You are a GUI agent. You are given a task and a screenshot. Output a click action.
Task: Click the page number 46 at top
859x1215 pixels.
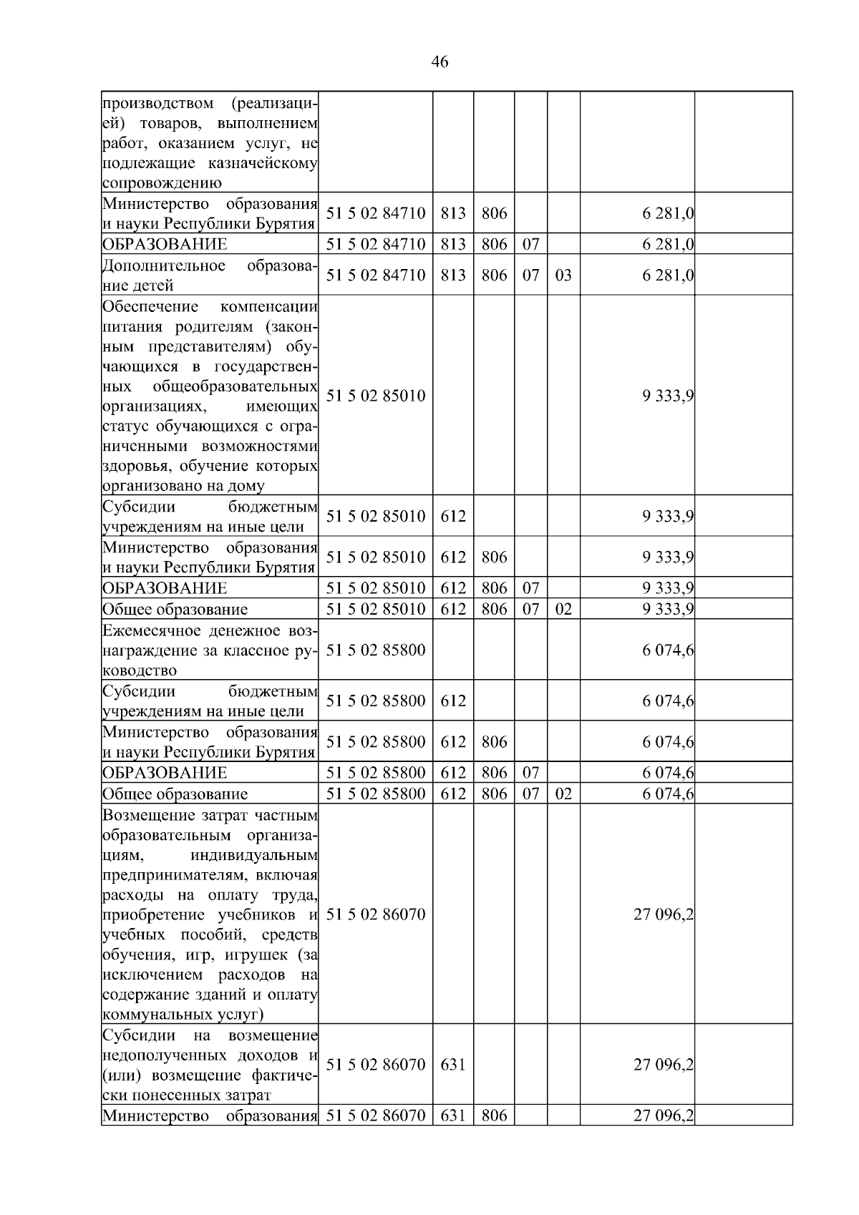[x=440, y=62]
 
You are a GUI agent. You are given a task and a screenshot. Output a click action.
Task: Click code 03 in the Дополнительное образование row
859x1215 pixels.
[x=563, y=275]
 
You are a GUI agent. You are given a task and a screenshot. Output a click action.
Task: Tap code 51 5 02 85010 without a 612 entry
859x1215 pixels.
[x=376, y=395]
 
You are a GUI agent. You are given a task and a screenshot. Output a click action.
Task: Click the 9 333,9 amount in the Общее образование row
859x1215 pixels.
[x=667, y=609]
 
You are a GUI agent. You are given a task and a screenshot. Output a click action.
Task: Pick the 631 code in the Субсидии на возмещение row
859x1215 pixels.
[x=452, y=1064]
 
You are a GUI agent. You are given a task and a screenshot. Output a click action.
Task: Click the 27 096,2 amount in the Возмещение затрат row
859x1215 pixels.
[x=663, y=914]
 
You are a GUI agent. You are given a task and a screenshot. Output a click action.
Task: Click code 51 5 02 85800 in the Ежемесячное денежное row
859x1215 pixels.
[x=376, y=650]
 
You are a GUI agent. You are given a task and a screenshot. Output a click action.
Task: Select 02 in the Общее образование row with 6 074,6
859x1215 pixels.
[x=563, y=794]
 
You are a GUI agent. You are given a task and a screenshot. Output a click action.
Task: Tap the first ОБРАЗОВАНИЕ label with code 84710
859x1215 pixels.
[x=165, y=244]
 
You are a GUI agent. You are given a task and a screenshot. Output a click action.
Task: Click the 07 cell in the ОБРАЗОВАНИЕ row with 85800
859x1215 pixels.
[x=530, y=773]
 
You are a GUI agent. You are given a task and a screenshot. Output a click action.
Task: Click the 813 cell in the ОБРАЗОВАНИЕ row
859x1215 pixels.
[x=452, y=244]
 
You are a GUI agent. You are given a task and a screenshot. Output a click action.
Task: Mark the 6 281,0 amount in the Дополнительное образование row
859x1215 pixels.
[x=667, y=275]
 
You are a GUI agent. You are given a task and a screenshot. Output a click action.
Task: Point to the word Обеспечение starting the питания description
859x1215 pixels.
[x=150, y=307]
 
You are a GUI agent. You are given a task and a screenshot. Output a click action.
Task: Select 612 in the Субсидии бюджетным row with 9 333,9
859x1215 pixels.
[x=452, y=516]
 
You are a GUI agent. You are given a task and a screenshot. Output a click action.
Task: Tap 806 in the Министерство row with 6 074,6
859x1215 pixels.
[x=494, y=741]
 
